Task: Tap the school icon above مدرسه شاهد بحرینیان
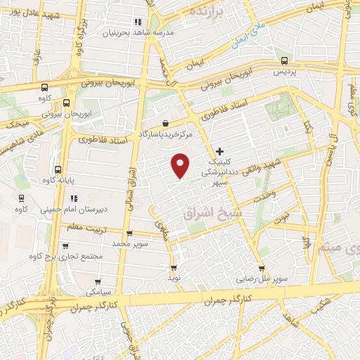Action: click(x=138, y=22)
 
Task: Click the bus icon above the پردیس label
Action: click(x=283, y=61)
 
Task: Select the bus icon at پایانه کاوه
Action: click(x=58, y=169)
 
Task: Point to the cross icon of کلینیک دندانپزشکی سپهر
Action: click(x=220, y=150)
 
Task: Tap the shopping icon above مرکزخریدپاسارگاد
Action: click(x=165, y=123)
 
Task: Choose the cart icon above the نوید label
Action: click(x=174, y=268)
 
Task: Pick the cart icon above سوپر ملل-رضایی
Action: click(x=262, y=268)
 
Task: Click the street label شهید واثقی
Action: click(x=262, y=165)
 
